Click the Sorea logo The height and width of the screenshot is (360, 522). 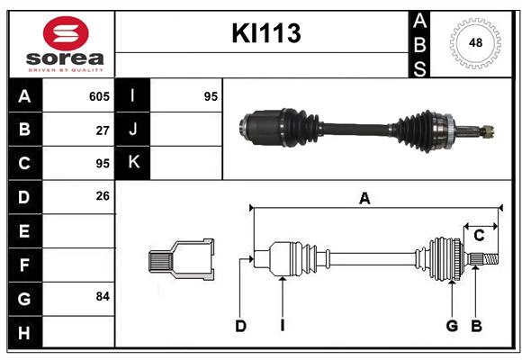click(61, 44)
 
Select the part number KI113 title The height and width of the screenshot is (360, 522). click(265, 33)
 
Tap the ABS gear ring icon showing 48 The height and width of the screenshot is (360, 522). click(473, 43)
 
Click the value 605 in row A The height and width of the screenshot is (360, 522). click(98, 96)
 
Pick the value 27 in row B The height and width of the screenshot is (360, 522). click(102, 130)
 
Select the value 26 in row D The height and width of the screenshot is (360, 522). click(102, 196)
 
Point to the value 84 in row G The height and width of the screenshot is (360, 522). click(102, 296)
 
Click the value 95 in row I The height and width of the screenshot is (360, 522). click(211, 96)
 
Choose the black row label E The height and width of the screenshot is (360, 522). click(23, 231)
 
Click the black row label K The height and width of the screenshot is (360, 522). click(134, 163)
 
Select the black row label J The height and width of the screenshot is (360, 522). click(134, 130)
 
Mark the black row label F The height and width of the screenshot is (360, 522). click(23, 265)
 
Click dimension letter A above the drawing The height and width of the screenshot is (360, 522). click(364, 199)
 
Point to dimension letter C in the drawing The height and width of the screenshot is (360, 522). click(479, 236)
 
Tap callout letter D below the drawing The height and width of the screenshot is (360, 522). click(240, 326)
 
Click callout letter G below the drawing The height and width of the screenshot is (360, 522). click(452, 326)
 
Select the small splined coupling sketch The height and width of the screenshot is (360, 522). click(181, 260)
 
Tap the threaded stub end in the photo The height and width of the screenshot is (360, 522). click(486, 131)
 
